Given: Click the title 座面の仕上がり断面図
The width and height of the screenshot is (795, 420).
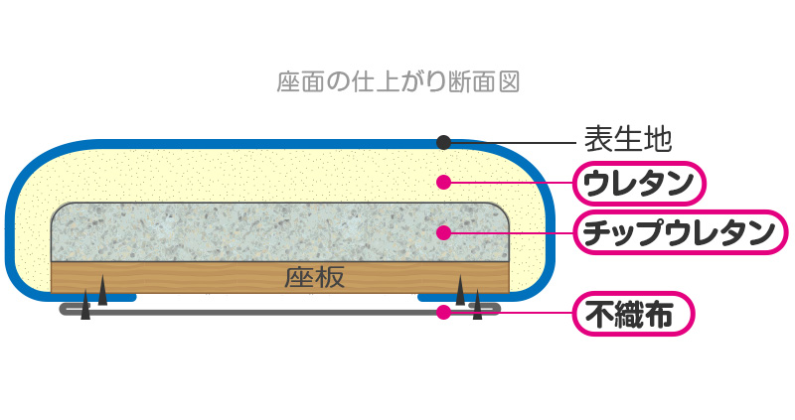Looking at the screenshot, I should pos(397,79).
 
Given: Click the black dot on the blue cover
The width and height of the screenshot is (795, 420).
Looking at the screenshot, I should pos(443,142).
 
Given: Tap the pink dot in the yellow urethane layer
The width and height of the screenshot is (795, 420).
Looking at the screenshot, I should pos(443,183).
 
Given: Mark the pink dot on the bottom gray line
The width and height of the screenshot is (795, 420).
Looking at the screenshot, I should pos(443,312).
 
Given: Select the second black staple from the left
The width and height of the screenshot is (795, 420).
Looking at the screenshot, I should pos(102,293).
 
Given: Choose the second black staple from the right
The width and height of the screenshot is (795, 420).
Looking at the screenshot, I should pos(460,292).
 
